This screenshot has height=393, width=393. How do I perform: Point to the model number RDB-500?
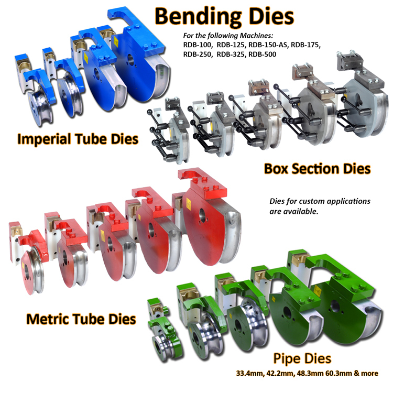[x=262, y=54]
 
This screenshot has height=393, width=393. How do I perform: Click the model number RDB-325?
[x=231, y=54]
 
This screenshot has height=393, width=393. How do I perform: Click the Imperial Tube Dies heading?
[x=78, y=139]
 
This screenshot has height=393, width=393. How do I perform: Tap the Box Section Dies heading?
[x=318, y=169]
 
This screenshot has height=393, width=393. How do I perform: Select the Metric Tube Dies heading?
[x=81, y=319]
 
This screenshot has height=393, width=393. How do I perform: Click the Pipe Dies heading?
[x=302, y=358]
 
